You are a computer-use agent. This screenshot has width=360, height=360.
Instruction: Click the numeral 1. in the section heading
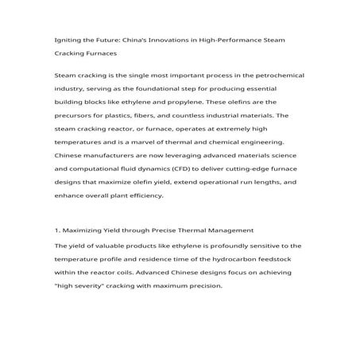click(x=58, y=230)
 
